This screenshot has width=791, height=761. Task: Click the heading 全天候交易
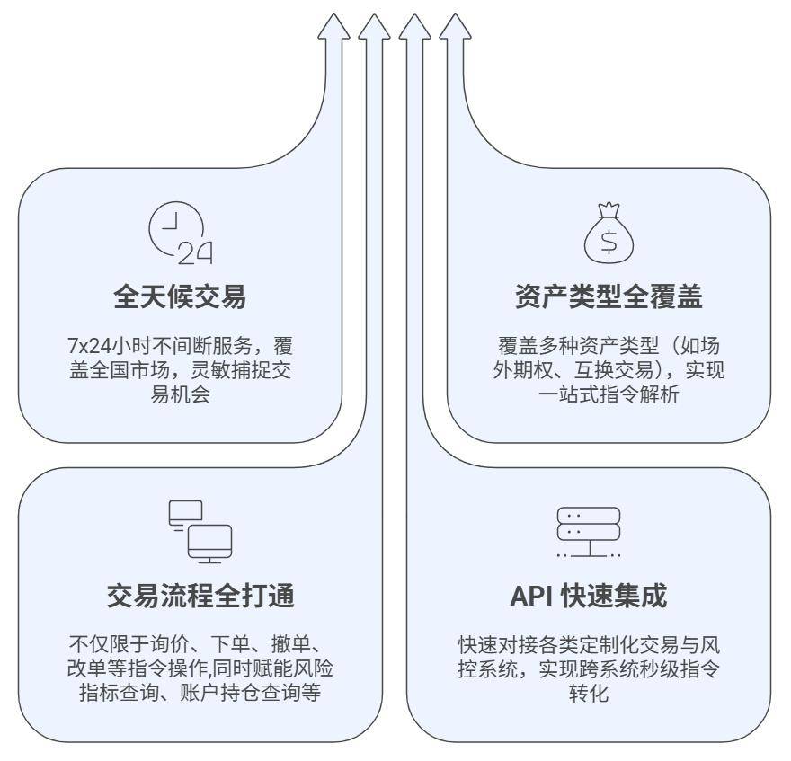(180, 296)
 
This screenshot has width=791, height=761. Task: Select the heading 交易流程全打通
(200, 596)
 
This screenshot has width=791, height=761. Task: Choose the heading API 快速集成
(588, 596)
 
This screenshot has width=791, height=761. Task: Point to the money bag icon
(609, 233)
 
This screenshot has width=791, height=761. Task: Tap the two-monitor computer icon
(200, 532)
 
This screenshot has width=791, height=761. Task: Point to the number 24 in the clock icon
(195, 254)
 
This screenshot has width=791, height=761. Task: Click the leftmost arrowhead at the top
(333, 27)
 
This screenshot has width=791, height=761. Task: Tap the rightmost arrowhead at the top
(455, 27)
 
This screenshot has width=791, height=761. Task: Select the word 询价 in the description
(179, 645)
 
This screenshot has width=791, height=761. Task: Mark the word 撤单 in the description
(287, 645)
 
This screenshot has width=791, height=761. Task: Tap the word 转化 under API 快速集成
(588, 694)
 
